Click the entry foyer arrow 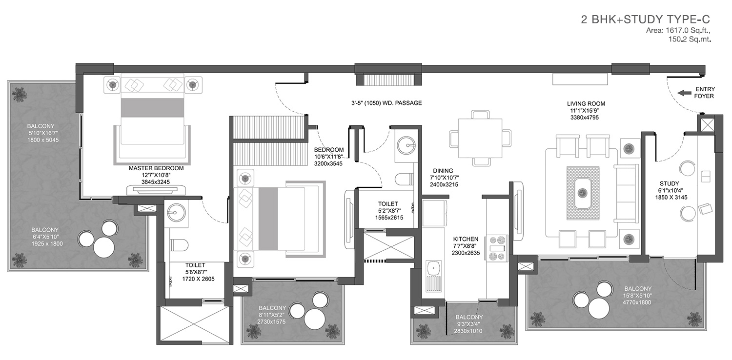point(684,93)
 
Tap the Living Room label point(586,104)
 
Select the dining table point(480,138)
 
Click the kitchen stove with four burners point(497,249)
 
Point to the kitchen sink point(433,276)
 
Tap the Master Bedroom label point(156,168)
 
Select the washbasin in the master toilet point(176,213)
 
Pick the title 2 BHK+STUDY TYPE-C point(646,20)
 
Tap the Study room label point(669,183)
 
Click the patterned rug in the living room point(583,193)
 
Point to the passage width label point(386,103)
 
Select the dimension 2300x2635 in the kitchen point(466,253)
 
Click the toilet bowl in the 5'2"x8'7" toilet point(404,179)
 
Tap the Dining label point(443,171)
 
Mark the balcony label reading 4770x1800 point(637,302)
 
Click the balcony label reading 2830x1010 point(468,331)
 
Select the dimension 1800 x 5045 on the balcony point(43,140)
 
